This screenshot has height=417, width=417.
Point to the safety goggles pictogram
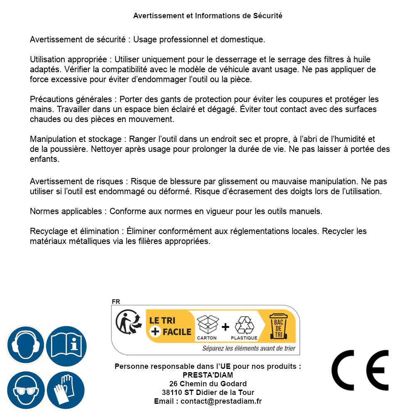[25, 390]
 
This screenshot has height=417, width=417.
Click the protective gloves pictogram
[66, 390]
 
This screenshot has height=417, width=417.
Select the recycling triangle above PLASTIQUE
[244, 324]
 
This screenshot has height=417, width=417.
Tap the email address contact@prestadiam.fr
[221, 401]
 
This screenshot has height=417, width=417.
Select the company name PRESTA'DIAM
[208, 375]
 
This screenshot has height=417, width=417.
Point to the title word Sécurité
[268, 16]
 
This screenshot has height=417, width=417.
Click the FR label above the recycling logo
[116, 302]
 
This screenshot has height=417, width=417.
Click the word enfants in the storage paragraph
[44, 159]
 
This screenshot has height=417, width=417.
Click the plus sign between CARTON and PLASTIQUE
[225, 327]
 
